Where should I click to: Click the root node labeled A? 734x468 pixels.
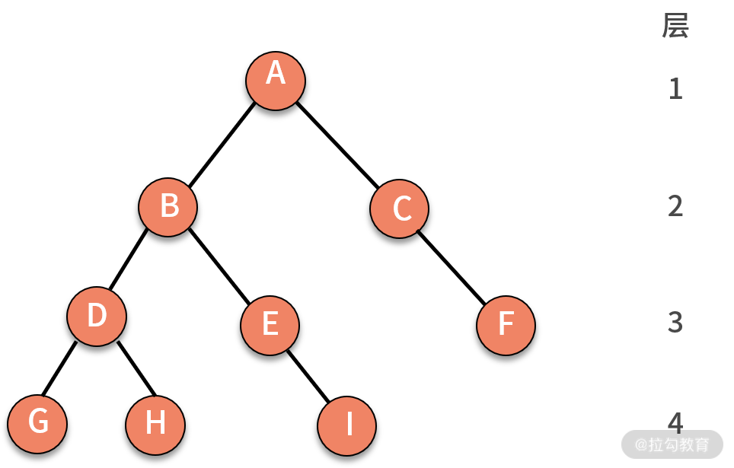click(x=276, y=81)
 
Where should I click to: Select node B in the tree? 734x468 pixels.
click(x=168, y=207)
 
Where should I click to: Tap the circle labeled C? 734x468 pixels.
click(x=400, y=209)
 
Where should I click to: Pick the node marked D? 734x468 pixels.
click(x=97, y=317)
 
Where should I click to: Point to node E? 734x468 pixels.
click(x=270, y=325)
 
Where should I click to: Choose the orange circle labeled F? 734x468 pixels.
click(x=506, y=325)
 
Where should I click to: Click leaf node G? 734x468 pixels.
click(x=37, y=424)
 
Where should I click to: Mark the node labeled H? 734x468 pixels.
click(x=155, y=425)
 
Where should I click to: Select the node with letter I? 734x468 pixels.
click(x=347, y=425)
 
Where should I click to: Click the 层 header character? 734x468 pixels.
click(x=675, y=26)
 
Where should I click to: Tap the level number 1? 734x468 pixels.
click(x=675, y=89)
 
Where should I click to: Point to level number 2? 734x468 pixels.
click(x=675, y=206)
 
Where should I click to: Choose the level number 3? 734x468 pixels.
click(x=675, y=323)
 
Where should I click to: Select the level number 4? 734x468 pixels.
click(x=675, y=422)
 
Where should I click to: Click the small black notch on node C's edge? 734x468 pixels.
click(x=417, y=230)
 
